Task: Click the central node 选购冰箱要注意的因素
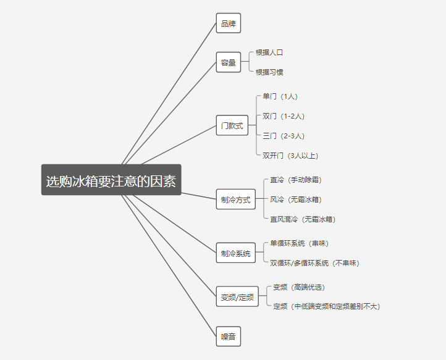pyautogui.click(x=111, y=180)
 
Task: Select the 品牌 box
pyautogui.click(x=228, y=23)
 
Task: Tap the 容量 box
pyautogui.click(x=228, y=62)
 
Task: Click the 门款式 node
pyautogui.click(x=232, y=125)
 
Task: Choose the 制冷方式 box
pyautogui.click(x=235, y=199)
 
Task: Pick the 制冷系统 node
pyautogui.click(x=235, y=253)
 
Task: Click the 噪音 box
pyautogui.click(x=228, y=337)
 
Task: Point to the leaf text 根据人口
pyautogui.click(x=269, y=52)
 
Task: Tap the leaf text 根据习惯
pyautogui.click(x=269, y=72)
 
